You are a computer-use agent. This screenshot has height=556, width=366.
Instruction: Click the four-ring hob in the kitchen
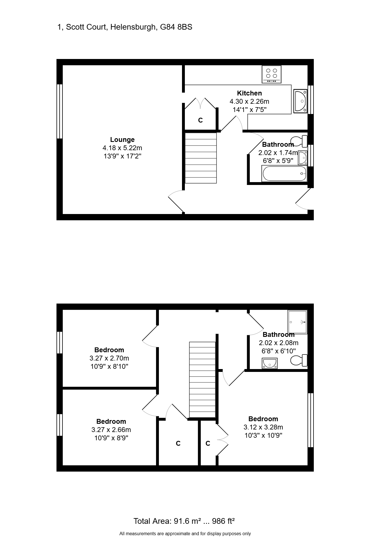pos(272,74)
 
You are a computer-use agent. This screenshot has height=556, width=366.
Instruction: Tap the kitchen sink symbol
pos(300,101)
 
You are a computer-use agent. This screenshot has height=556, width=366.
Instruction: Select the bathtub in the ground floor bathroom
pos(284,173)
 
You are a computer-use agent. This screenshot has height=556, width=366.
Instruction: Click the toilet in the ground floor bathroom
pos(299,141)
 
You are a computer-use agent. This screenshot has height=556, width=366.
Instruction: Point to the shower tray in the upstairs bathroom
pos(298,322)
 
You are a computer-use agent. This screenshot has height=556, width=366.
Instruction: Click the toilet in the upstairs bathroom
pos(299,361)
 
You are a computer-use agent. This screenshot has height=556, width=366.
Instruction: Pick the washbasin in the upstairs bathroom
pos(270,363)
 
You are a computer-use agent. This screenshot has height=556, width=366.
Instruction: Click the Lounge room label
pos(122,140)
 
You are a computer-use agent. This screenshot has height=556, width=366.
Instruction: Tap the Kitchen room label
pos(249,93)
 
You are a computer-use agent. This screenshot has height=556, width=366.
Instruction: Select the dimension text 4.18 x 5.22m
pos(122,148)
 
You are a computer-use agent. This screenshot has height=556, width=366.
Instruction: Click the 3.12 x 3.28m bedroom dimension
pos(263,427)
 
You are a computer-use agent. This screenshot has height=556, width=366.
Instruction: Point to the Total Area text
pos(184,521)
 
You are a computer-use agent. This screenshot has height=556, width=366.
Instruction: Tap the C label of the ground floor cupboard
pos(201,121)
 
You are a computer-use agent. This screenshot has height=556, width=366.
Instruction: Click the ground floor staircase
pos(201,158)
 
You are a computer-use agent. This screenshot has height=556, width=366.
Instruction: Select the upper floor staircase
pos(203,380)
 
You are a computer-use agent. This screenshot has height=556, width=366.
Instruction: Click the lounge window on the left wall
pos(60,111)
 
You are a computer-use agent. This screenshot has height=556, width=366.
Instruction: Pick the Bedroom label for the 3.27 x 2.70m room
pos(109,350)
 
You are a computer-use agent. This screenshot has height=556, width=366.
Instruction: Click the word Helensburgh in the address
pos(133,27)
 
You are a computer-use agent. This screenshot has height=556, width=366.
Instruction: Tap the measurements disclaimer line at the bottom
pos(185,534)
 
